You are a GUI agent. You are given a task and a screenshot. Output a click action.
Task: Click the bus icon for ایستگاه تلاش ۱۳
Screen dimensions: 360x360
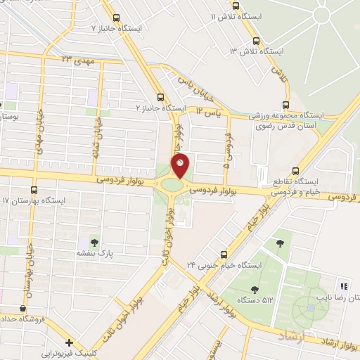(255, 41)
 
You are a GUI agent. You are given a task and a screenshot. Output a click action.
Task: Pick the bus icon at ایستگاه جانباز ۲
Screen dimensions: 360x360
(161, 97)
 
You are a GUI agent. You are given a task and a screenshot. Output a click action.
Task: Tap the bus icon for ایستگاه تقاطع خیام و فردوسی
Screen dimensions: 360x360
(295, 170)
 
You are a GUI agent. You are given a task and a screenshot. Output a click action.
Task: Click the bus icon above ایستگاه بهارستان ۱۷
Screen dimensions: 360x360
(34, 190)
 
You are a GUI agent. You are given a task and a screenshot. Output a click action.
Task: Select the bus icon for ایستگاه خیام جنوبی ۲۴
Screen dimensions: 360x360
(224, 254)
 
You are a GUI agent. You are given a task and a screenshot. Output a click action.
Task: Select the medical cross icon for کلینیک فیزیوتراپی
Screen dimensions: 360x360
(68, 342)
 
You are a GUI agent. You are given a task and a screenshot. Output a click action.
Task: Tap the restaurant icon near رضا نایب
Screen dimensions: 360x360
(344, 285)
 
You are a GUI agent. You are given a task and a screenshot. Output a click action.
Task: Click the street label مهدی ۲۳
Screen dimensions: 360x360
(77, 60)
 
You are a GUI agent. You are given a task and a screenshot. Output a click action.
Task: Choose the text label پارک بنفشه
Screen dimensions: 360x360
(95, 251)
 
